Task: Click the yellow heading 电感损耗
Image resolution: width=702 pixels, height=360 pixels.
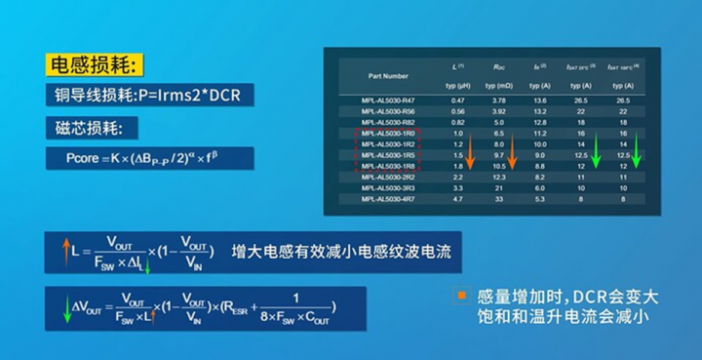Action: coord(96,66)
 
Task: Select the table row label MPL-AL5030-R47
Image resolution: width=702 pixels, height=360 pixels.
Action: coord(387,100)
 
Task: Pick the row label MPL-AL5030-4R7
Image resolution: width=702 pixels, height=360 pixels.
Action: coord(387,198)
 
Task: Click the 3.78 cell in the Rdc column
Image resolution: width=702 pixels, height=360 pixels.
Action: coord(498,100)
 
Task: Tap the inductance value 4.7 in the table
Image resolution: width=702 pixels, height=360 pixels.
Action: coord(457,198)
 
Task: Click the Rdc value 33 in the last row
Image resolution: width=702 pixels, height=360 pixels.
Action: coord(498,198)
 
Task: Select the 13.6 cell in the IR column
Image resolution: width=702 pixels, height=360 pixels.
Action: coord(539,100)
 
